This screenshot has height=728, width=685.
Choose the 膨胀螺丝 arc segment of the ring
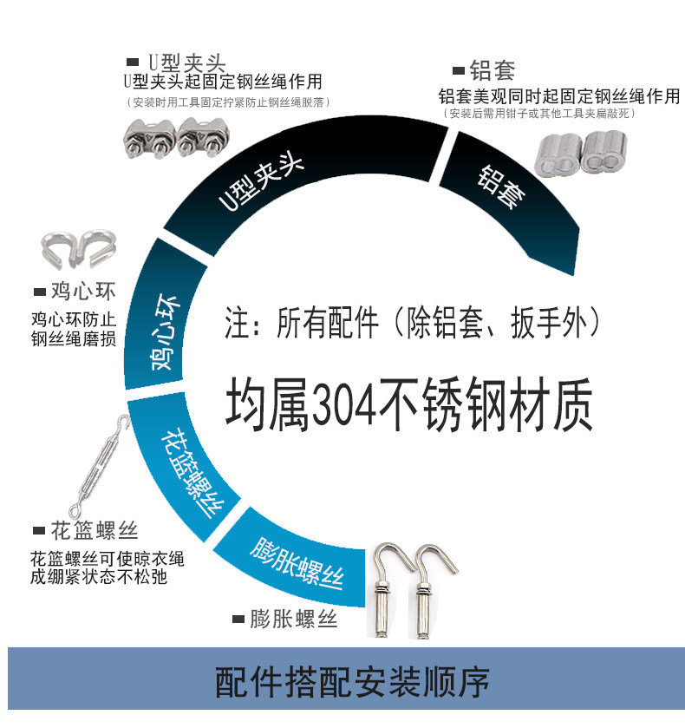299,565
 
